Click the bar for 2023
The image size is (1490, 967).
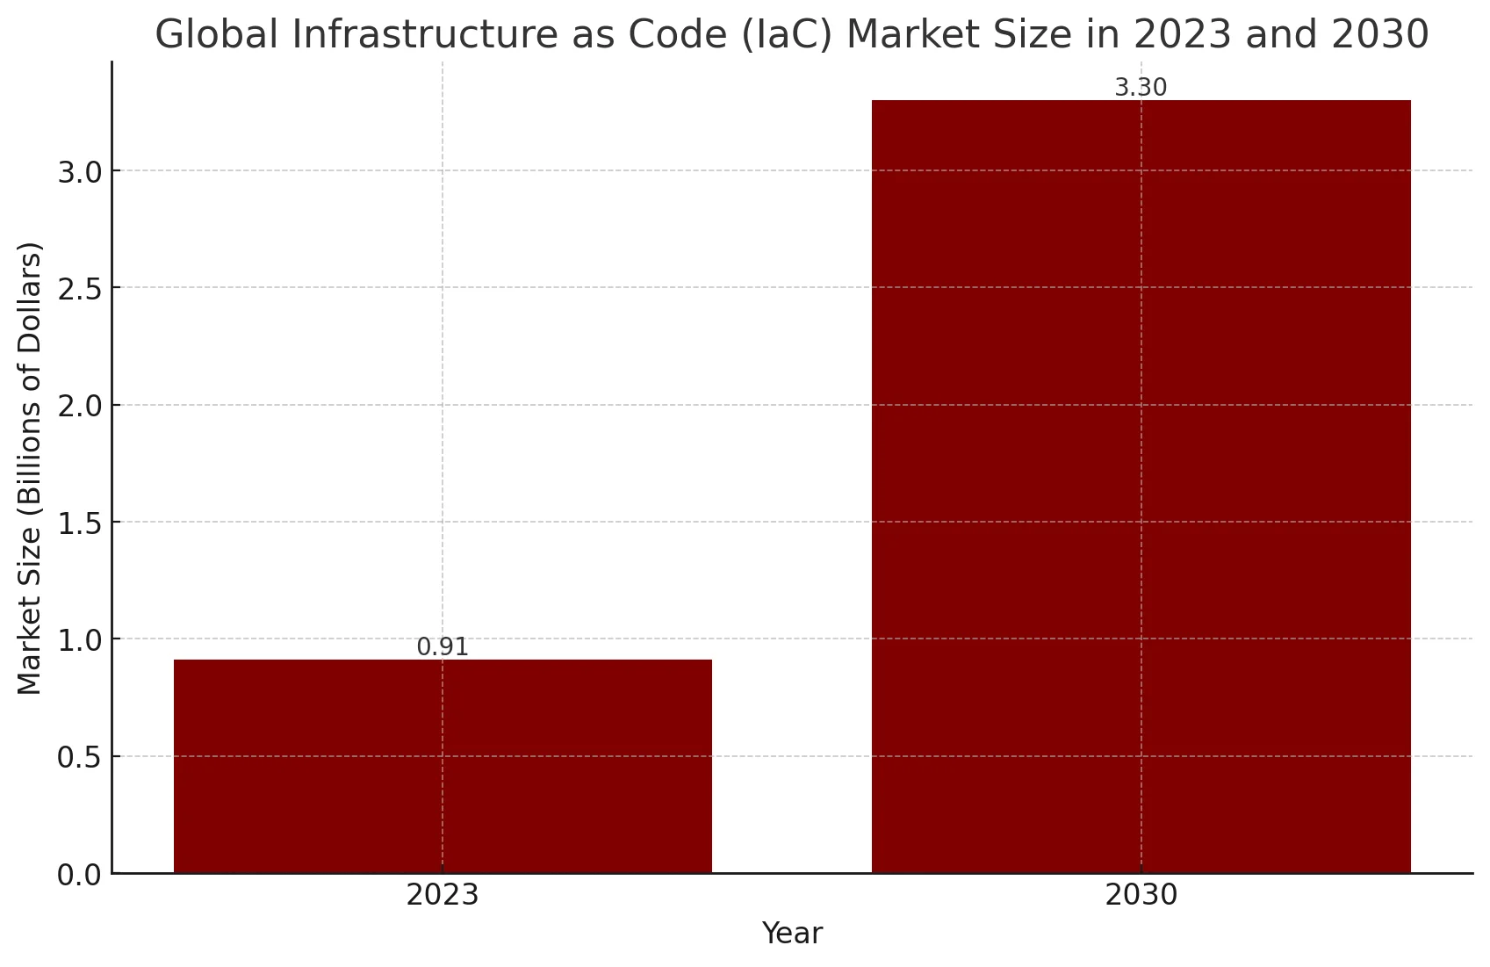[443, 766]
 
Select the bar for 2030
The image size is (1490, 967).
[1141, 487]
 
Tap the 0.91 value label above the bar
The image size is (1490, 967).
[443, 647]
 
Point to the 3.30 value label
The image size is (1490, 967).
[1141, 88]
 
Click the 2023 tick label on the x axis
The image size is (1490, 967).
[443, 896]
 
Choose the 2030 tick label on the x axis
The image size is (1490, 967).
[1141, 896]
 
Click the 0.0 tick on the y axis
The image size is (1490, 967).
[79, 875]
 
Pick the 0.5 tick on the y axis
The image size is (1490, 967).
[79, 757]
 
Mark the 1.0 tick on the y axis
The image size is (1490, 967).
[79, 639]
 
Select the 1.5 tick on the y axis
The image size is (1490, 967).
[79, 523]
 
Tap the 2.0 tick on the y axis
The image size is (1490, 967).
[79, 406]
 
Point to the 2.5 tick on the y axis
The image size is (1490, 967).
[79, 288]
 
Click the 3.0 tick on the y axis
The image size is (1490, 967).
[79, 171]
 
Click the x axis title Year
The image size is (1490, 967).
[792, 934]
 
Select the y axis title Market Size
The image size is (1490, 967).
[31, 467]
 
